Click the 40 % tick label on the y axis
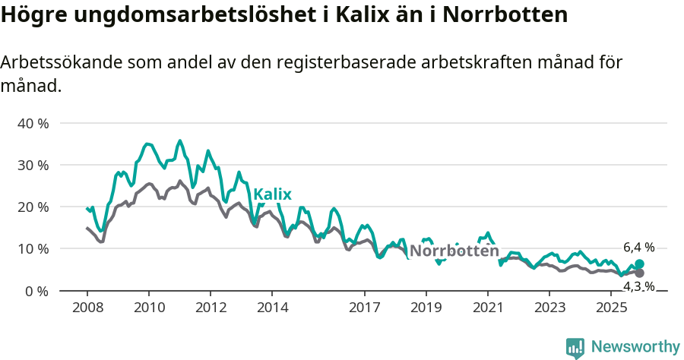[33, 123]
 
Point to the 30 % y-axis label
[33, 165]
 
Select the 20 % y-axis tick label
[33, 207]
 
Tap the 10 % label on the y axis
[33, 248]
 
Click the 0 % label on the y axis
[36, 291]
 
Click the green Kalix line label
[272, 194]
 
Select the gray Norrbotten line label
[454, 251]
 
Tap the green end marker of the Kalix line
[639, 264]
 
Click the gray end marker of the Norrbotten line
[639, 273]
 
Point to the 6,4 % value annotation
[638, 248]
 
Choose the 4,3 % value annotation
[638, 286]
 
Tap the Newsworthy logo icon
[575, 347]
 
